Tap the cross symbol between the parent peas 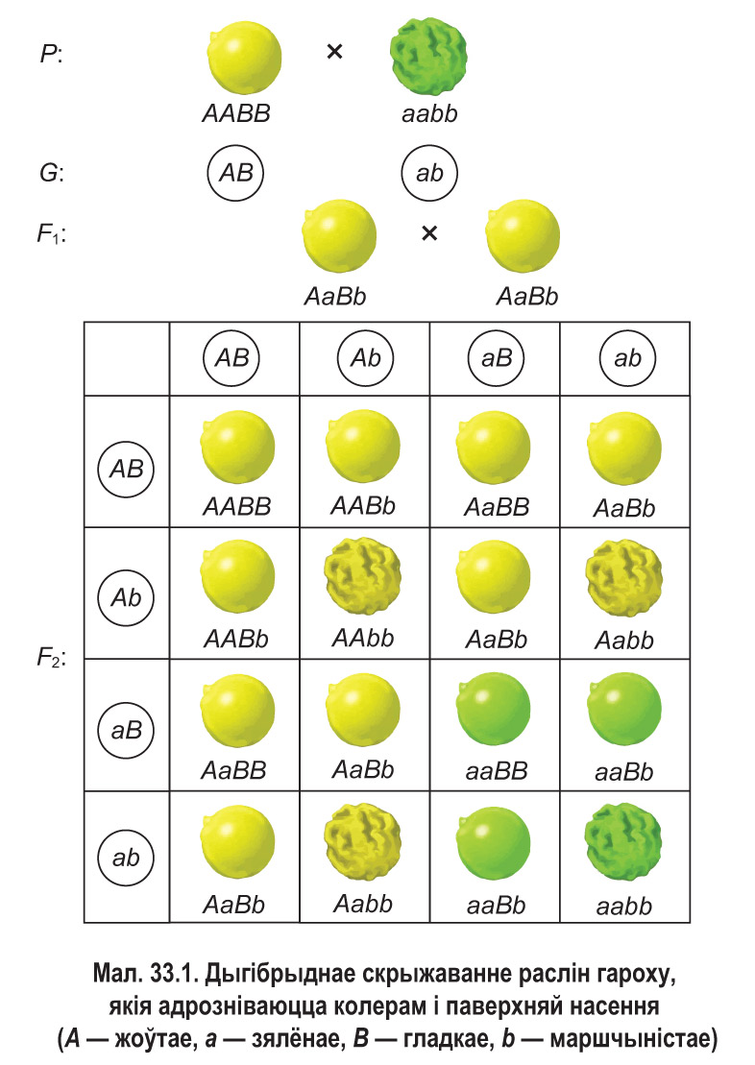pos(334,53)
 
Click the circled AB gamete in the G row pos(236,173)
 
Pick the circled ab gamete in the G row pos(429,174)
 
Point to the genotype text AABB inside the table pos(236,507)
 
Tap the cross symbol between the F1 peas pos(429,232)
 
